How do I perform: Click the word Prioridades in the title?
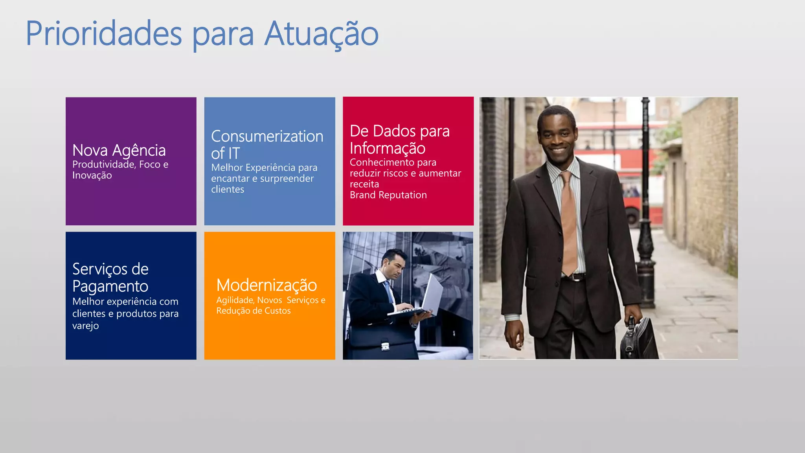pyautogui.click(x=104, y=34)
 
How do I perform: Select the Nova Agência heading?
pyautogui.click(x=119, y=150)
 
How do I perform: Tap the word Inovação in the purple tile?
pyautogui.click(x=92, y=175)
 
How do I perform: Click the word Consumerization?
pyautogui.click(x=267, y=136)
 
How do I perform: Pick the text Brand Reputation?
pyautogui.click(x=388, y=195)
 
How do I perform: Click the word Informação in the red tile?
pyautogui.click(x=388, y=148)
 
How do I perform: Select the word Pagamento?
pyautogui.click(x=110, y=286)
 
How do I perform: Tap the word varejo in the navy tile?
pyautogui.click(x=85, y=326)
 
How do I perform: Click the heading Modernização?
pyautogui.click(x=266, y=285)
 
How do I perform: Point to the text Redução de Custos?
pyautogui.click(x=254, y=311)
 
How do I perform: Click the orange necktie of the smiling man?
pyautogui.click(x=568, y=220)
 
